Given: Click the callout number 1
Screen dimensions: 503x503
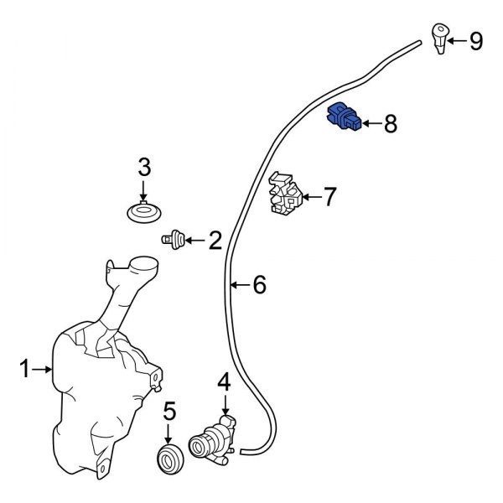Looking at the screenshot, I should [25, 368].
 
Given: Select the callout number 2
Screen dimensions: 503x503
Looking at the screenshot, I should [215, 241].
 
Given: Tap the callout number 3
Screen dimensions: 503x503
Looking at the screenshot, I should [144, 167].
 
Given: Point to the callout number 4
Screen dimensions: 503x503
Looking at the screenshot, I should [223, 383].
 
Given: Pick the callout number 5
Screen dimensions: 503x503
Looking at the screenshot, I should [169, 412].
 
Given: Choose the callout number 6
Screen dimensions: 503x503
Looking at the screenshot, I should [259, 286].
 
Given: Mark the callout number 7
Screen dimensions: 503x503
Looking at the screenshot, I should [329, 198].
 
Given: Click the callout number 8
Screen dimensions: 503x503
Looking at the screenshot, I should [390, 125].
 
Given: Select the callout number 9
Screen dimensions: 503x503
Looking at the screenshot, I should [475, 40].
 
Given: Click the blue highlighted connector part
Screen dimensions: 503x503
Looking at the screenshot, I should [345, 118].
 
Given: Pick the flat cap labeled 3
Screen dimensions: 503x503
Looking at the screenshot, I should [144, 210].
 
